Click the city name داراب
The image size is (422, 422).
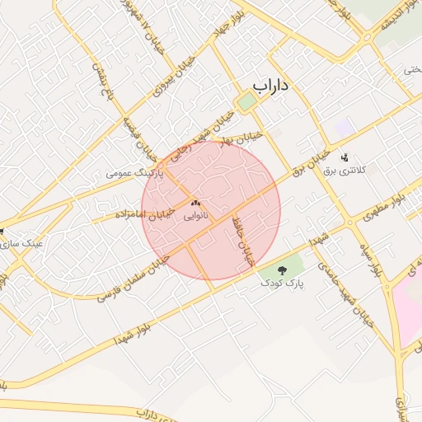pyautogui.click(x=273, y=85)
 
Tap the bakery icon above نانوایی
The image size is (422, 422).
pyautogui.click(x=196, y=203)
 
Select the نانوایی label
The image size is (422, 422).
pyautogui.click(x=196, y=215)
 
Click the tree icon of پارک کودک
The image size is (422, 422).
pyautogui.click(x=283, y=270)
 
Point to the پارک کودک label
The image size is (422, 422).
pyautogui.click(x=283, y=283)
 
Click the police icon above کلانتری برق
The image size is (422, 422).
pyautogui.click(x=345, y=156)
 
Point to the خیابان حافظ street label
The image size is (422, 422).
pyautogui.click(x=244, y=241)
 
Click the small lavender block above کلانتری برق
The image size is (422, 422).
pyautogui.click(x=344, y=128)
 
